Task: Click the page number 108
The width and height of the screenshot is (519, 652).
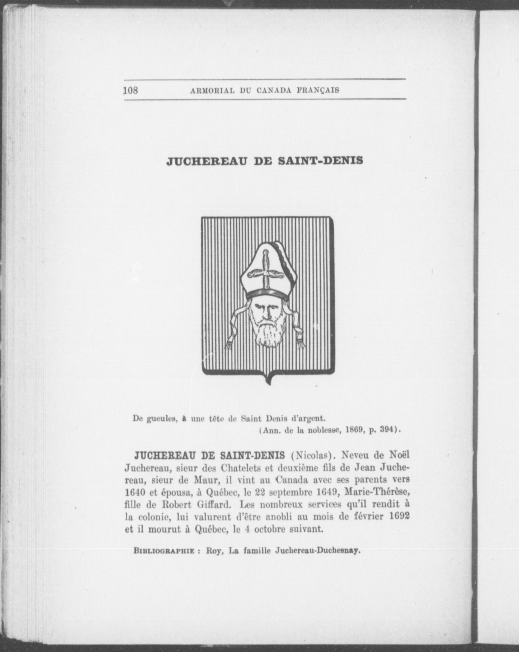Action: (131, 90)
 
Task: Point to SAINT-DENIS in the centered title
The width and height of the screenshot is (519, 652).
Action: (320, 160)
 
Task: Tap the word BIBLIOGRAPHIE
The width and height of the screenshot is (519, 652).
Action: (163, 551)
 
